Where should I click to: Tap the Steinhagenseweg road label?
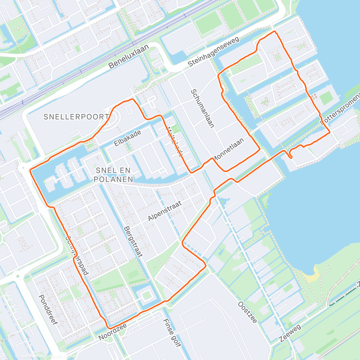coord(213,52)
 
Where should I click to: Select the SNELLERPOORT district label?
coord(76,117)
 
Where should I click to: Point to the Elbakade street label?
coord(127,138)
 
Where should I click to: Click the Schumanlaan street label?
coord(202,108)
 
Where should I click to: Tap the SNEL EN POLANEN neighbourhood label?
coord(113,175)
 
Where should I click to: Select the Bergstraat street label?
coord(133,241)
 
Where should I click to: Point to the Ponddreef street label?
coord(48,309)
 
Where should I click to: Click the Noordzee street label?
coord(112,332)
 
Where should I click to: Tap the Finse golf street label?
coord(172,333)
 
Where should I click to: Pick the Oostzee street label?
coord(247,312)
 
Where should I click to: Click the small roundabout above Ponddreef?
coord(18,276)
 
